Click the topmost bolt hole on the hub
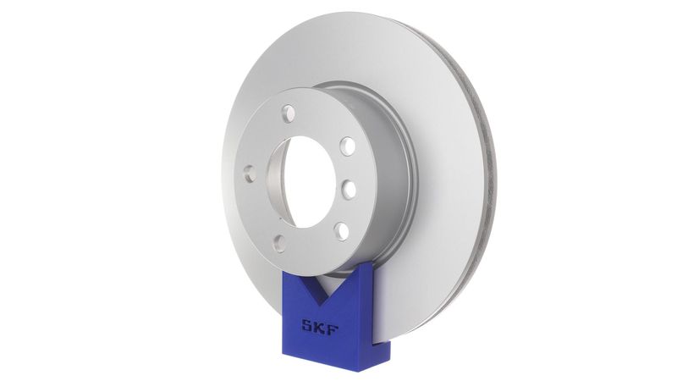(x=289, y=111)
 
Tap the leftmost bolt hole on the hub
(x=250, y=174)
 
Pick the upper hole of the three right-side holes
(x=347, y=146)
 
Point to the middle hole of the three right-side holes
(x=349, y=189)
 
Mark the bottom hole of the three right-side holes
(x=341, y=230)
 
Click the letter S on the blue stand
(x=308, y=324)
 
